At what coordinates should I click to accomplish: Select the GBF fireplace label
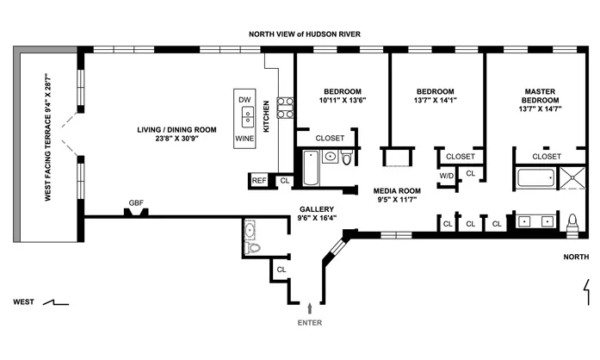(x=136, y=203)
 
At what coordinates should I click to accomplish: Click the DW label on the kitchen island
(x=245, y=100)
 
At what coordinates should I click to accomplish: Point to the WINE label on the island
(x=245, y=137)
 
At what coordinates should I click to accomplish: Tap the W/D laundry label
(x=447, y=176)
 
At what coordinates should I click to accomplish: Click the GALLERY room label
(x=317, y=208)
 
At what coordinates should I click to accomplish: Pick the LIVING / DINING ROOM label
(x=176, y=129)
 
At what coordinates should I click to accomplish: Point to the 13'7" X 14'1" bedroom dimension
(x=435, y=100)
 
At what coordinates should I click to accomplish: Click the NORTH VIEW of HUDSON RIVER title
(x=305, y=34)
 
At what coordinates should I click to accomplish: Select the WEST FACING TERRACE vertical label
(x=49, y=138)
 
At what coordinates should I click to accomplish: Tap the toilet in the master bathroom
(x=574, y=222)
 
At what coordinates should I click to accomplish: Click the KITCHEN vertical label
(x=267, y=116)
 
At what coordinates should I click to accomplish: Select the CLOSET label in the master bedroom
(x=547, y=156)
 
